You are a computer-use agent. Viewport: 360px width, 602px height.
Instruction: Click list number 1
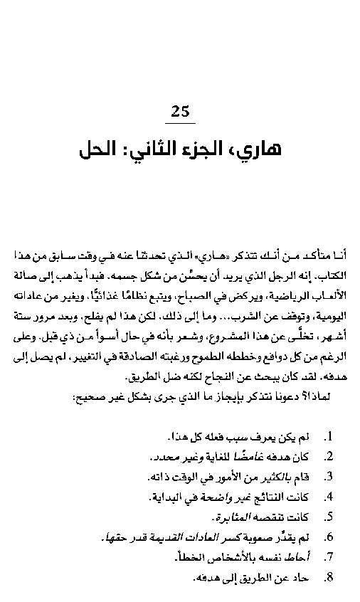click(x=328, y=435)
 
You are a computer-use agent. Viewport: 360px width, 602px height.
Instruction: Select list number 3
click(x=328, y=475)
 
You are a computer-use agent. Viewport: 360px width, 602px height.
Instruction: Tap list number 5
click(x=328, y=515)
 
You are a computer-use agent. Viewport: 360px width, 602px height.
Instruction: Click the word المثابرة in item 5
click(x=233, y=515)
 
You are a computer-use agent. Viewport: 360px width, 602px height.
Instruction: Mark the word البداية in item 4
click(x=176, y=495)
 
